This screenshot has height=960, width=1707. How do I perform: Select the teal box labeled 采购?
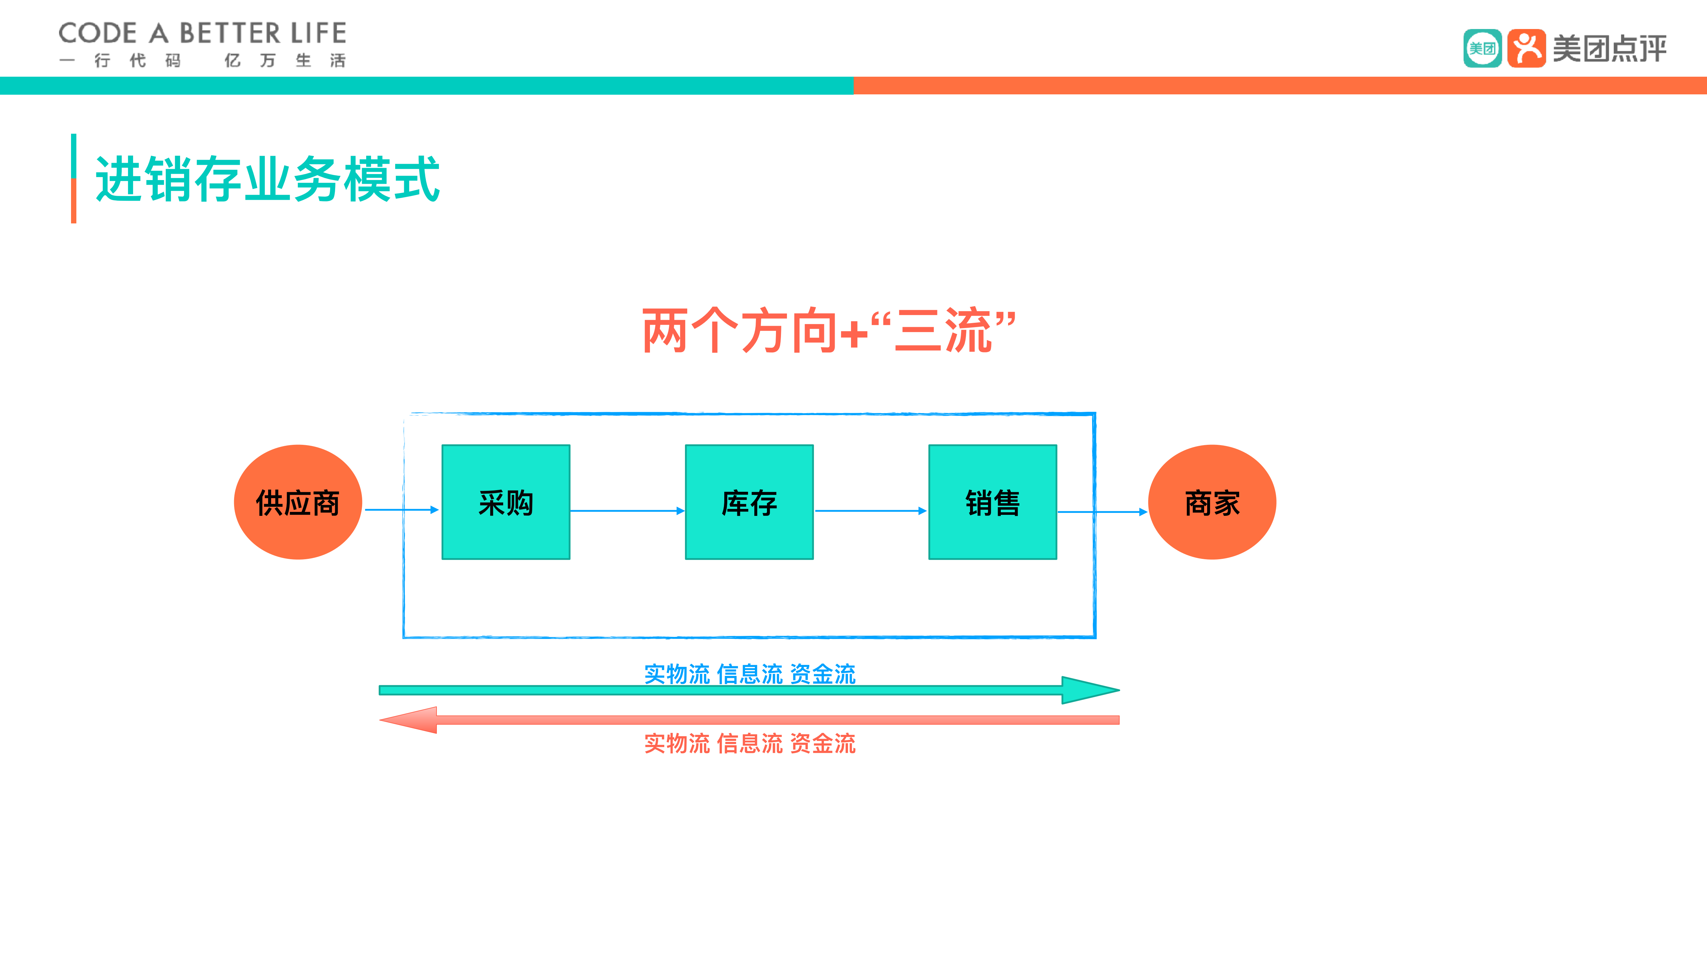506,502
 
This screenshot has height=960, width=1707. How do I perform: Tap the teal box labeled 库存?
749,502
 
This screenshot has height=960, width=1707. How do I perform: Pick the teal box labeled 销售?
992,502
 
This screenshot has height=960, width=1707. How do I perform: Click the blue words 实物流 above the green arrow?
677,674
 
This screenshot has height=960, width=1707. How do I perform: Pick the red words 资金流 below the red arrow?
823,743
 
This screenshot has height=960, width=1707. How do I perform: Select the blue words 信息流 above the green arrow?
750,674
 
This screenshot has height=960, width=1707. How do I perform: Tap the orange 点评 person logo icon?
1526,48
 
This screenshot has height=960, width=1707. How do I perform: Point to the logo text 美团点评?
1610,48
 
